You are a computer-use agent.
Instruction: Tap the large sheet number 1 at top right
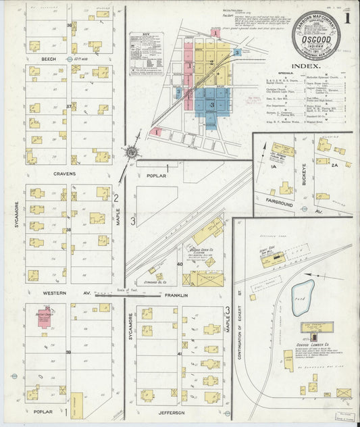click(x=346, y=20)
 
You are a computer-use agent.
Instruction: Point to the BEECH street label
click(x=49, y=59)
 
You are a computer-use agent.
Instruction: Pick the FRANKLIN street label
click(x=174, y=295)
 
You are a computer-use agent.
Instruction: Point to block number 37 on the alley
click(x=69, y=107)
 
